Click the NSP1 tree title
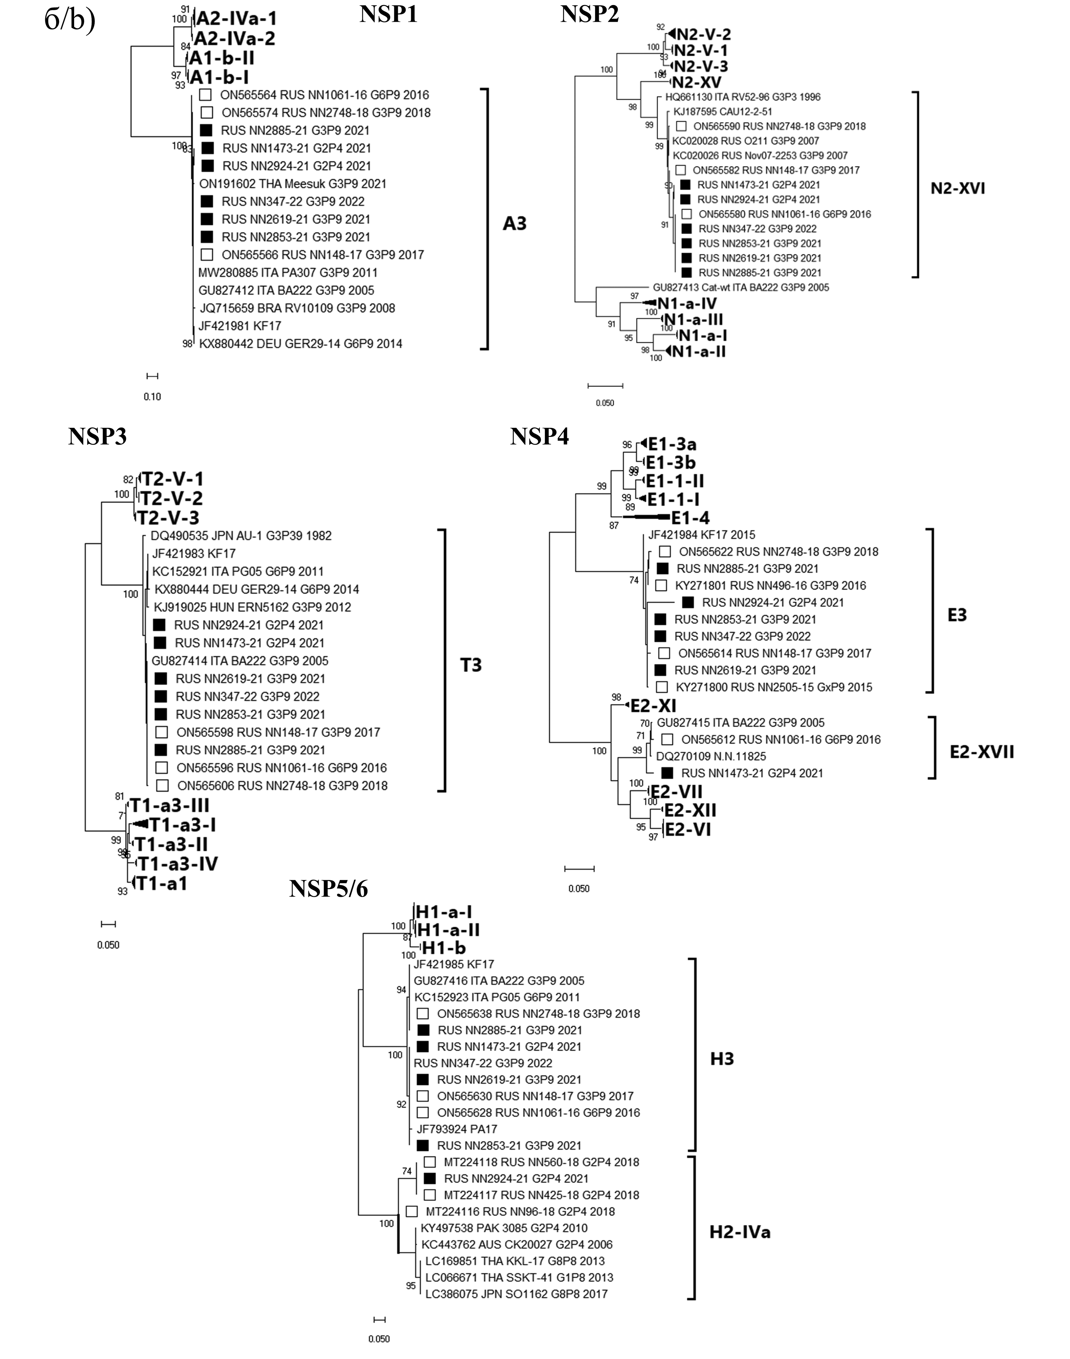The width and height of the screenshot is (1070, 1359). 388,14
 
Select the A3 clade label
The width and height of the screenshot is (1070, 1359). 515,224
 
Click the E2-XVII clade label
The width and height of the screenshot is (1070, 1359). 982,752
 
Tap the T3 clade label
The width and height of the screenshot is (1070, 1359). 471,665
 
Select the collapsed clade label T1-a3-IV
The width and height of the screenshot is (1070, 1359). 178,864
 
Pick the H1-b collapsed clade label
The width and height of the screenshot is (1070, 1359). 443,948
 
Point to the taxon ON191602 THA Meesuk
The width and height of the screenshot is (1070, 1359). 293,184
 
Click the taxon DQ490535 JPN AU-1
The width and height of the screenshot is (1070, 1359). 241,536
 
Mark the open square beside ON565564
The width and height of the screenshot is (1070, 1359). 205,95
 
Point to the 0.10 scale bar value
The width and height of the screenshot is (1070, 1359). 152,396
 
